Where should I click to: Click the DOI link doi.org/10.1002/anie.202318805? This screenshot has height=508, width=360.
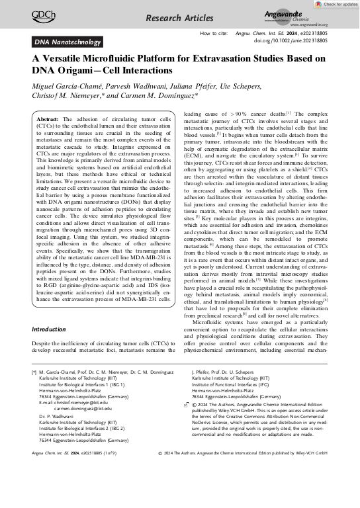(x=289, y=40)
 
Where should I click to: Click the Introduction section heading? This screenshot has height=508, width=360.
(x=56, y=329)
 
